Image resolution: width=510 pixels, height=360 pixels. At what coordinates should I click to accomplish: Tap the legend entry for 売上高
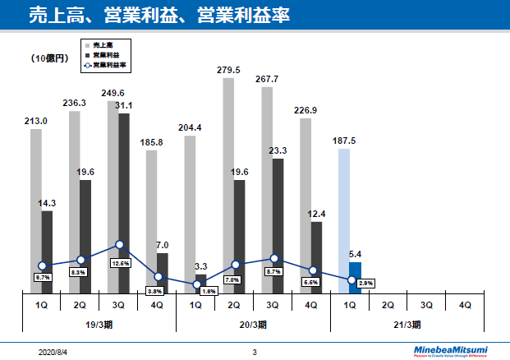[103, 44]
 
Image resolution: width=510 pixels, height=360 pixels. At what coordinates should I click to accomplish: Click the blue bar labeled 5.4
[355, 277]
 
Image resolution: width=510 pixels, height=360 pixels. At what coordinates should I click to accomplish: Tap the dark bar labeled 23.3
[278, 225]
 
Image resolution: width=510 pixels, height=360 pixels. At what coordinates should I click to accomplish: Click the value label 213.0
[35, 121]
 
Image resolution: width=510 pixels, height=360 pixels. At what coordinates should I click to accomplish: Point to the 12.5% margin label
[121, 264]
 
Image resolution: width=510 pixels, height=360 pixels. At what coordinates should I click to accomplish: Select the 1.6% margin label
[209, 292]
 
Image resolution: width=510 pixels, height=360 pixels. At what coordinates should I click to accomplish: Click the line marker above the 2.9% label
[351, 280]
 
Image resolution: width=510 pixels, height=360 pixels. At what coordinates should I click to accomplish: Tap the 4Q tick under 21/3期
[465, 304]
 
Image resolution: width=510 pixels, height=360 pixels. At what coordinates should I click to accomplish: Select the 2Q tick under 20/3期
[234, 304]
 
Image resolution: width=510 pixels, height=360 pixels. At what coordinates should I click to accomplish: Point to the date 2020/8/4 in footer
[53, 351]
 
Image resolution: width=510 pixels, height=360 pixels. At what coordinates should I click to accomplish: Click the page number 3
[255, 351]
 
